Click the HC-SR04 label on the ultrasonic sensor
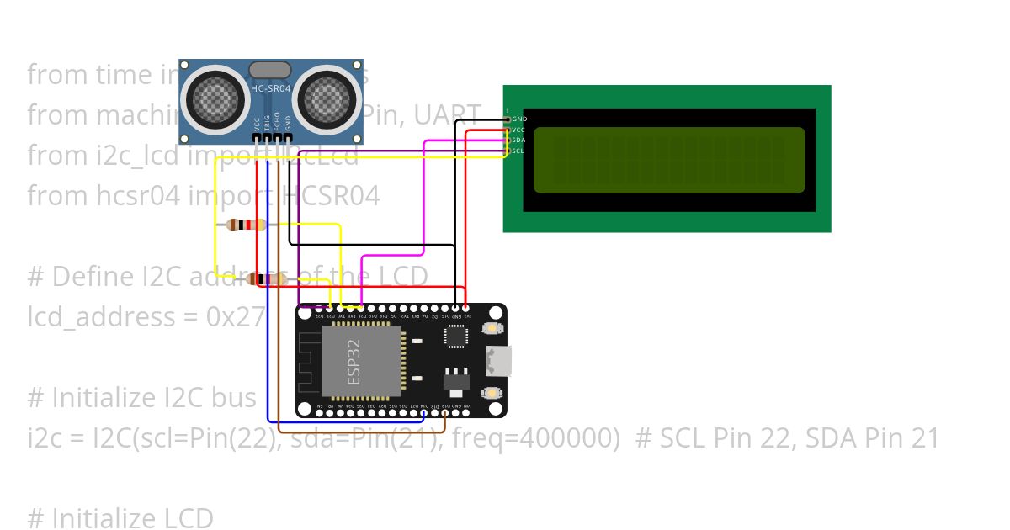point(271,87)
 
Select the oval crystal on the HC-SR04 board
point(271,70)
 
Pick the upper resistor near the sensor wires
point(247,225)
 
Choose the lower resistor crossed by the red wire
point(268,279)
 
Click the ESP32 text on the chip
point(353,362)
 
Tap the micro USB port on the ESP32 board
point(499,361)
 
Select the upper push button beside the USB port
point(492,329)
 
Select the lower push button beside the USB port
point(492,393)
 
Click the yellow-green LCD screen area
point(669,160)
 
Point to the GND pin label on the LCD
point(519,119)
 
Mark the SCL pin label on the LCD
point(518,151)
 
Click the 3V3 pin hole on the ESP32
point(466,309)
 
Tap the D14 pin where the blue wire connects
point(423,408)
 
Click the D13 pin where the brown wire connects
point(445,408)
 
